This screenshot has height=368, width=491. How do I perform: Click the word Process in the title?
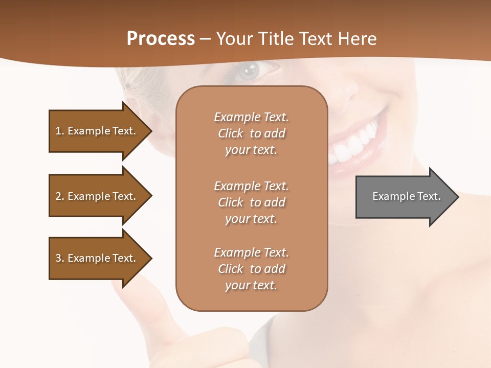coord(161,39)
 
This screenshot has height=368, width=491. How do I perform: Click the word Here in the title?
coord(357,39)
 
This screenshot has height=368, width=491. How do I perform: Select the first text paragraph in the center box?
coord(251,133)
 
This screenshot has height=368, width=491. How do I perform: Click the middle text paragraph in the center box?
coord(251,202)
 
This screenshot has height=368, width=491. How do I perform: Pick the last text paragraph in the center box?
coord(251,269)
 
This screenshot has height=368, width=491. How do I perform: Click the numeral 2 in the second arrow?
coord(58,196)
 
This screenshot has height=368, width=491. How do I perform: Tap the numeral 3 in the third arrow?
coord(58,258)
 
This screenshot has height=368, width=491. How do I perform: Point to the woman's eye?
coord(250,70)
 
